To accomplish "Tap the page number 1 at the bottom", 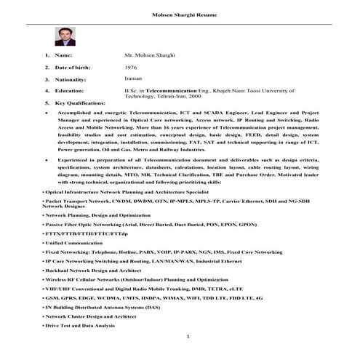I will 187,337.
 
